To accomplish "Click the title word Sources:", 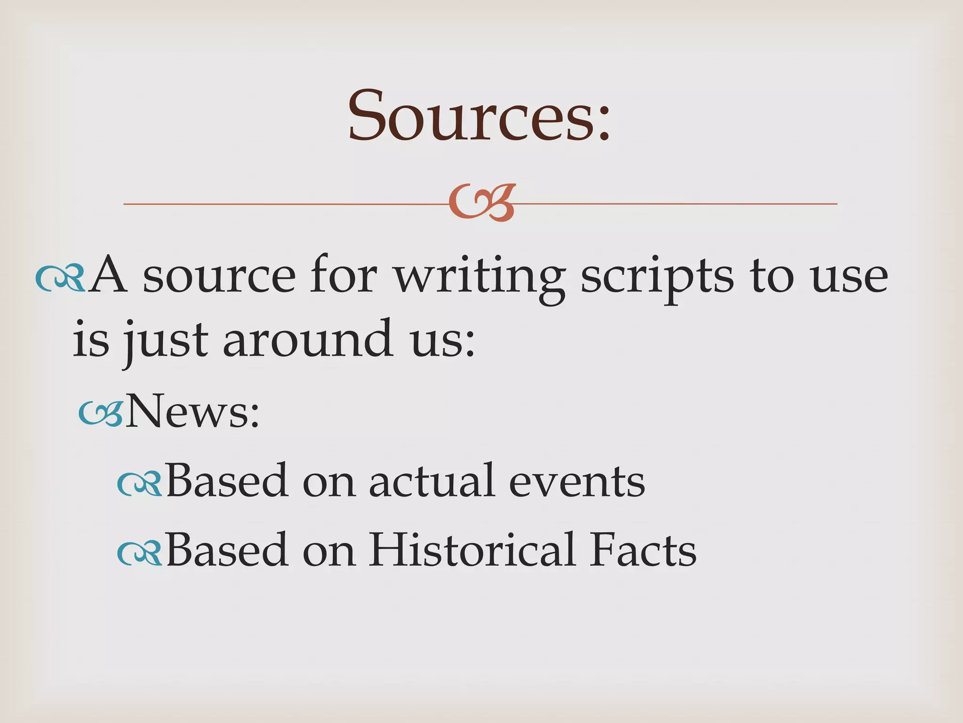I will coord(479,116).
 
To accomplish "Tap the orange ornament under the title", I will coord(481,203).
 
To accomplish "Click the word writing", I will coord(480,278).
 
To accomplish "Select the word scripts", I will coord(657,278).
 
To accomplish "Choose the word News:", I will coord(193,411).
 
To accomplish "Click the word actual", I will coord(432,481).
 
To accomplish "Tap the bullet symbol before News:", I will coord(100,413).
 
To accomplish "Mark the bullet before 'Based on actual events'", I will coord(139,483).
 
